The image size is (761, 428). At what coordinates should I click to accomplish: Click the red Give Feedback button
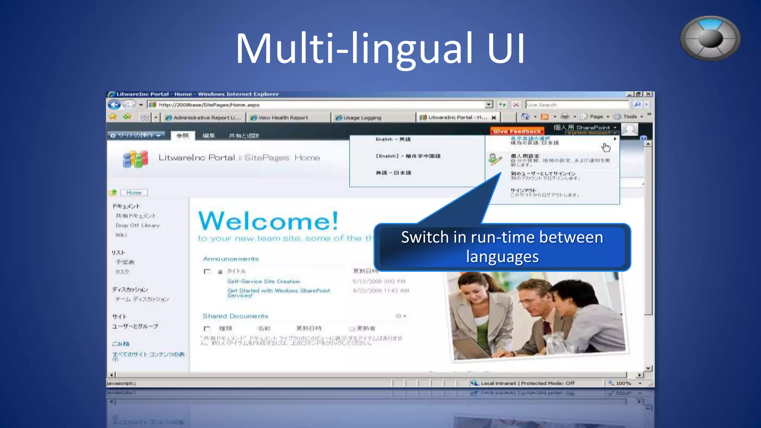(517, 131)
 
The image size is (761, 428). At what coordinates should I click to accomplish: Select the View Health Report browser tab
(283, 118)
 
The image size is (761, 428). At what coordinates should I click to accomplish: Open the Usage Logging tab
(362, 118)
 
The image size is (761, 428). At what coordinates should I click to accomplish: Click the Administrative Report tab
(207, 118)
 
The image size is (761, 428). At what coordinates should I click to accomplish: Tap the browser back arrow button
(114, 105)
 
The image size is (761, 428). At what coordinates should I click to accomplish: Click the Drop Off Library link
(137, 226)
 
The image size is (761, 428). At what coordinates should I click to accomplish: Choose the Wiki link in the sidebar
(121, 235)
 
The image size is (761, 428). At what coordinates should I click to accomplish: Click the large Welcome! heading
(268, 221)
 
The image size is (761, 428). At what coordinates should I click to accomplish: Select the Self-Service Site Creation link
(263, 282)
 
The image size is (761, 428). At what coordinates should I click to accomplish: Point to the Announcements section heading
(231, 259)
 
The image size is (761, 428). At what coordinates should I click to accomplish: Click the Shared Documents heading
(235, 316)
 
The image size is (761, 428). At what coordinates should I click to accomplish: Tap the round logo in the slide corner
(710, 38)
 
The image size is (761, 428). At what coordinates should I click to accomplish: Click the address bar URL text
(209, 105)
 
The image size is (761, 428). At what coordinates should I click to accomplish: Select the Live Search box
(576, 105)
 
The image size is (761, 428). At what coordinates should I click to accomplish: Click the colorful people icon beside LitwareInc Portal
(135, 159)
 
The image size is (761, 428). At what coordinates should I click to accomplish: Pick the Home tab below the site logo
(134, 192)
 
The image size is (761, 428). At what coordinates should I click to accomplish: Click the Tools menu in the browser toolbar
(630, 117)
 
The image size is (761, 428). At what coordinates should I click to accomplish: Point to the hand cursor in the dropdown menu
(606, 147)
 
